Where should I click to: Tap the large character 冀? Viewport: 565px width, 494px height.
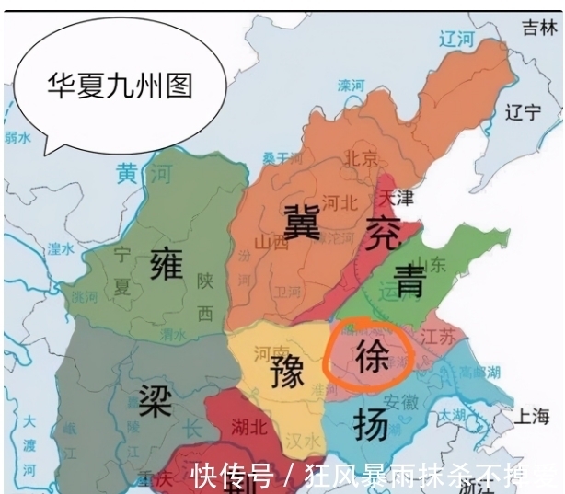click(x=303, y=221)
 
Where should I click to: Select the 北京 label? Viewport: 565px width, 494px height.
click(x=360, y=158)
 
